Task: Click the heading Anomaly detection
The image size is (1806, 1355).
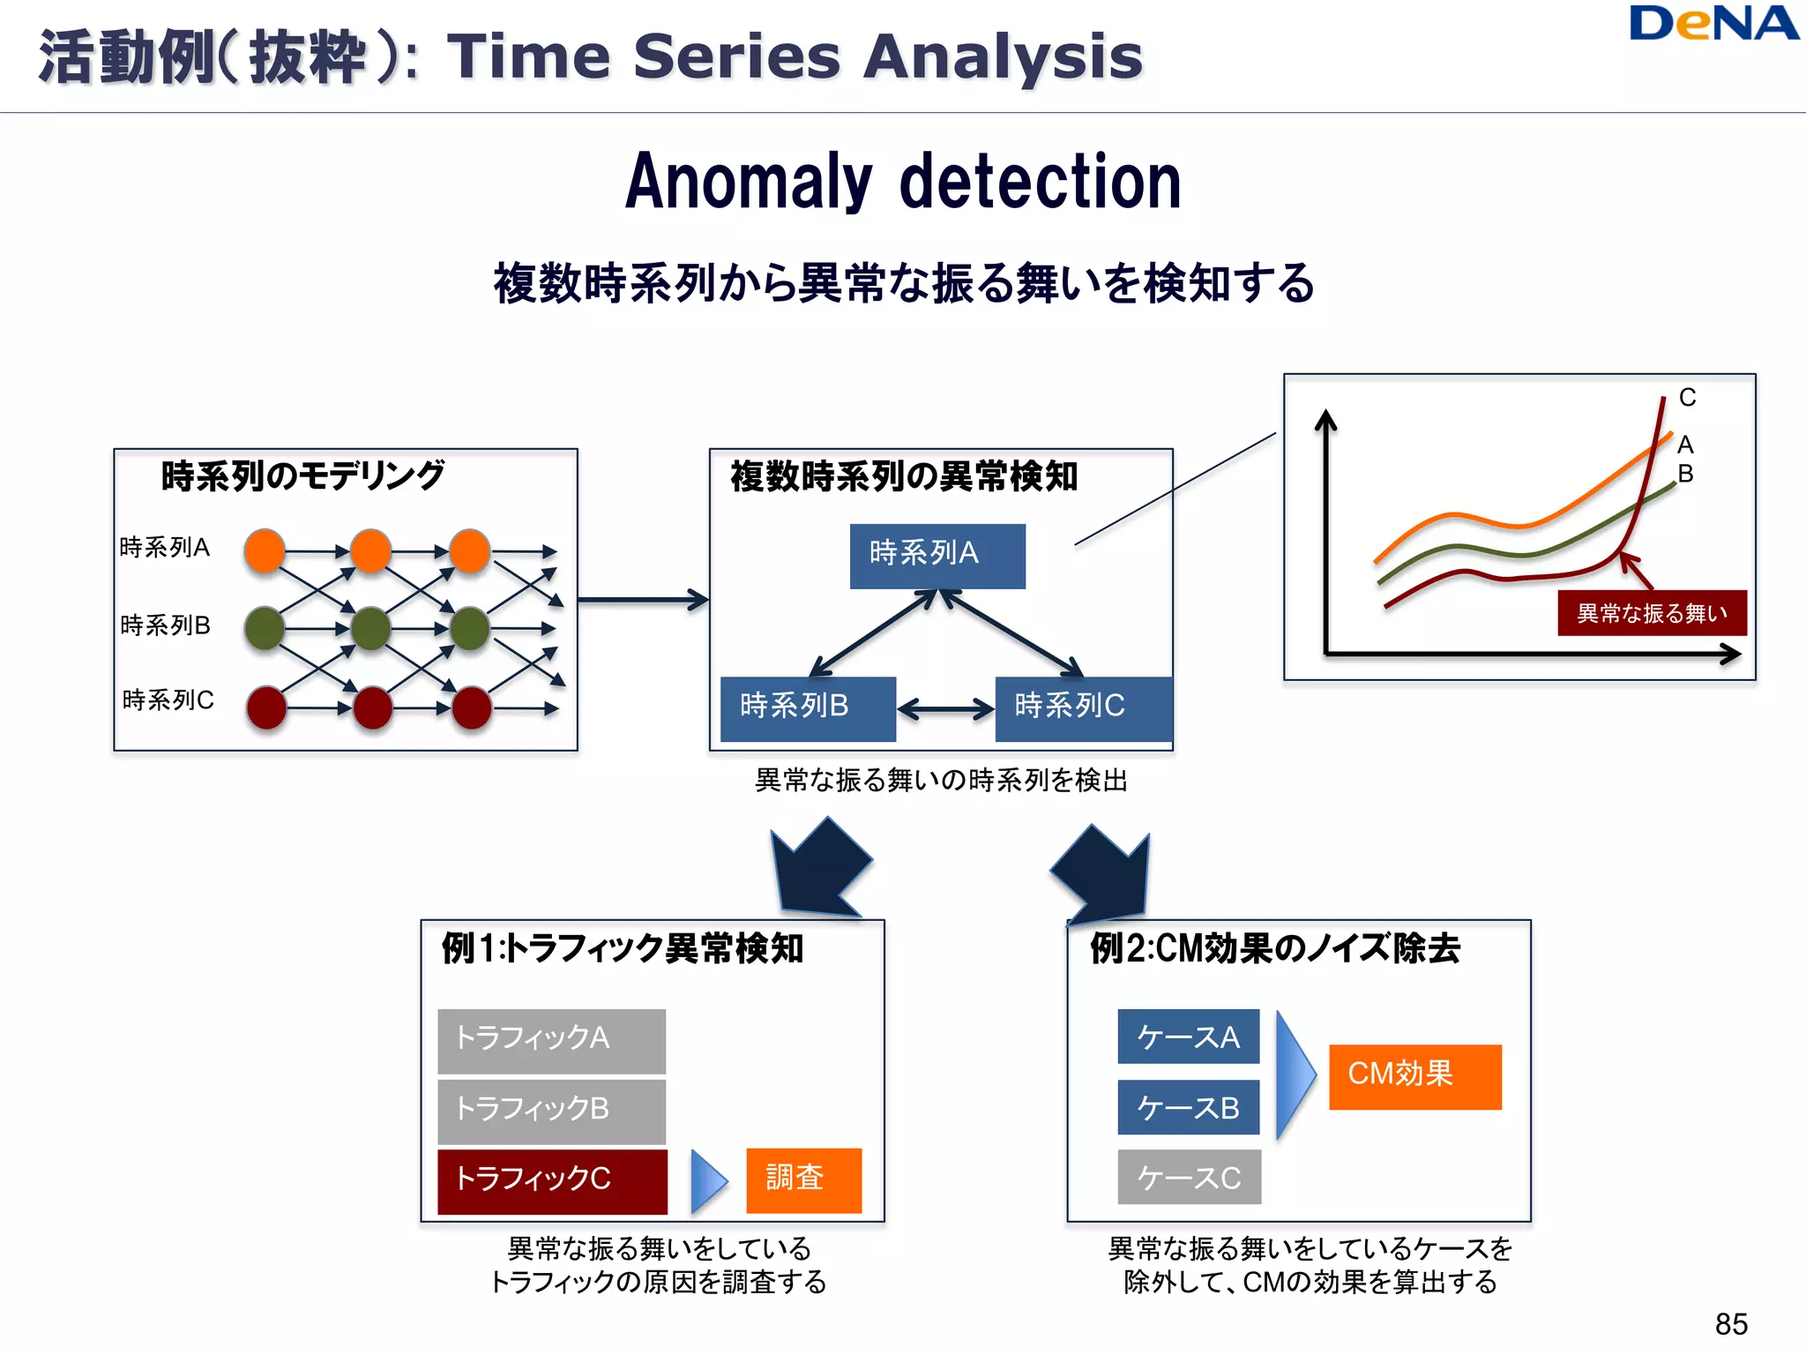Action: [x=903, y=181]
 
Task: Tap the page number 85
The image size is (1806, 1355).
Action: [x=1731, y=1324]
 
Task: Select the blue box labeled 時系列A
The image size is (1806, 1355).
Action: [x=937, y=556]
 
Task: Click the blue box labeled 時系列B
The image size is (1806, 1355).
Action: [x=808, y=708]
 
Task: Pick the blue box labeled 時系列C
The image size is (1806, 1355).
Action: [x=1083, y=708]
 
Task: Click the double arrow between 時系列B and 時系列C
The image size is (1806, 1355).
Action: [x=945, y=708]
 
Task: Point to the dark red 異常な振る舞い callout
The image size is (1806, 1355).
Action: [x=1652, y=613]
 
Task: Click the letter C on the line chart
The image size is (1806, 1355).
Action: [x=1687, y=398]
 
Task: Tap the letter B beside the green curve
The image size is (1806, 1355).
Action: [x=1685, y=474]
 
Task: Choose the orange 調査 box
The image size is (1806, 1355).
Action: [x=803, y=1179]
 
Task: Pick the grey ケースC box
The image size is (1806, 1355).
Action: [x=1189, y=1177]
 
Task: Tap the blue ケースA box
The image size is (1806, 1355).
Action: [x=1188, y=1037]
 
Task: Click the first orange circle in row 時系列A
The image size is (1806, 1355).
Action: [x=265, y=551]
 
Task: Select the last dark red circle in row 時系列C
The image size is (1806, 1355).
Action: [x=472, y=707]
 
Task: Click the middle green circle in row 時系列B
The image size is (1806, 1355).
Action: [x=370, y=629]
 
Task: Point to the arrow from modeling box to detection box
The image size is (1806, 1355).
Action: [x=643, y=600]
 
